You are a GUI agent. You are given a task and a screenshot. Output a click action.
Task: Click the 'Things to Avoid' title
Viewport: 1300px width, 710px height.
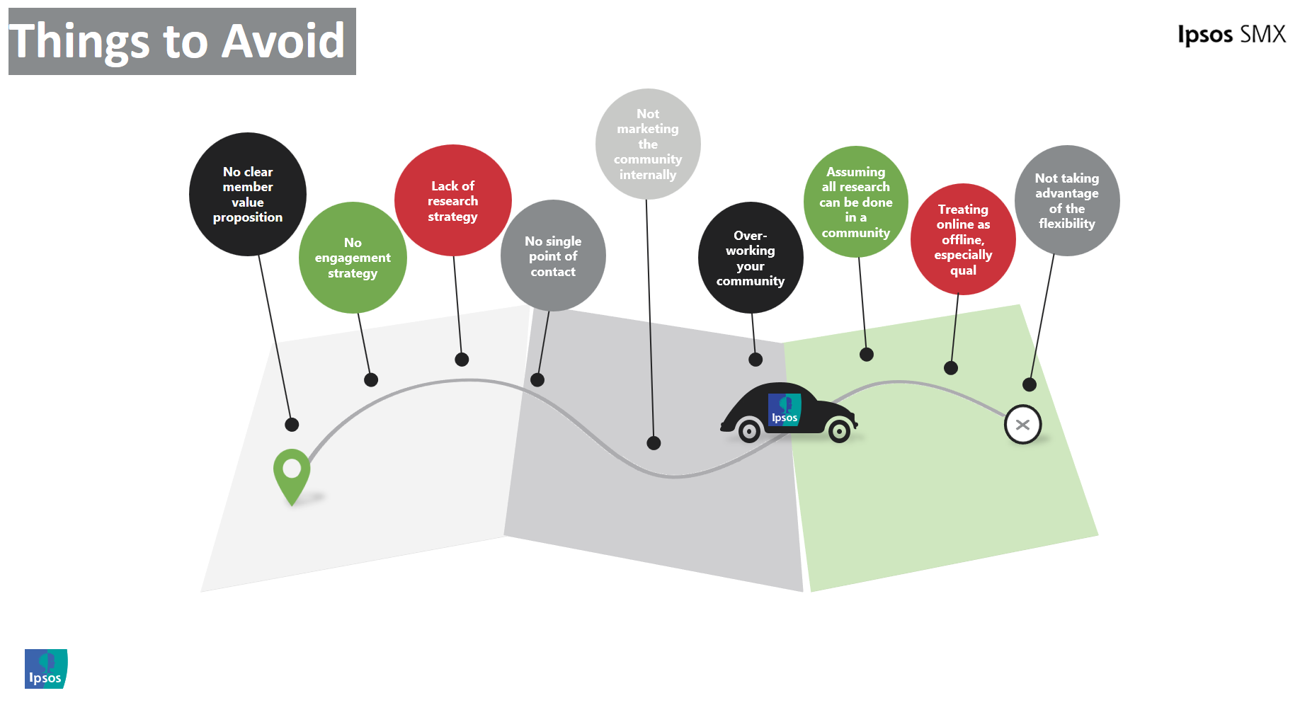pyautogui.click(x=182, y=41)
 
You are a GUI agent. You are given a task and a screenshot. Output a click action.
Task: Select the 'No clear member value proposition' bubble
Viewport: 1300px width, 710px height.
pyautogui.click(x=248, y=194)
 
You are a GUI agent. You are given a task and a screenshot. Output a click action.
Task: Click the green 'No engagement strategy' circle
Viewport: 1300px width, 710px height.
pyautogui.click(x=353, y=258)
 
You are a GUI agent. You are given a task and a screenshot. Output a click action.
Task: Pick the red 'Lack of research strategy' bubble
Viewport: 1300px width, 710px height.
pyautogui.click(x=453, y=200)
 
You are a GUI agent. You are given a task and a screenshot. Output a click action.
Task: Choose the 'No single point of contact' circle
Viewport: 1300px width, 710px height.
pyautogui.click(x=553, y=256)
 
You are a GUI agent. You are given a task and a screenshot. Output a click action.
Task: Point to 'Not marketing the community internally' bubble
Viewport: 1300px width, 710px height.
pyautogui.click(x=648, y=144)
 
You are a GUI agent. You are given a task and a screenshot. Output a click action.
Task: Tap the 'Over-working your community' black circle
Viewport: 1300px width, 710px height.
pyautogui.click(x=751, y=258)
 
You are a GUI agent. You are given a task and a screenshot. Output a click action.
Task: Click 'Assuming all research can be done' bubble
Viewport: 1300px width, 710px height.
pyautogui.click(x=856, y=202)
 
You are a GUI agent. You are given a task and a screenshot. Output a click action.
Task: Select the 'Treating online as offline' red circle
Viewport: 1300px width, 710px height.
pyautogui.click(x=963, y=239)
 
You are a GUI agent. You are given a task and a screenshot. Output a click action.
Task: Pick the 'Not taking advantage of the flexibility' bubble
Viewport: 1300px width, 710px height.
pyautogui.click(x=1067, y=200)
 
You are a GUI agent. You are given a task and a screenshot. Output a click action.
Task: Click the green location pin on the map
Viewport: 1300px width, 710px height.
pyautogui.click(x=292, y=471)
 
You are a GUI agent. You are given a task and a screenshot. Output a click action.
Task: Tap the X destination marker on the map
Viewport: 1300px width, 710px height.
pyautogui.click(x=1022, y=425)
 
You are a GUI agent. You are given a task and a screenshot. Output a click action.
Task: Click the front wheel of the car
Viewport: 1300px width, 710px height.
pyautogui.click(x=839, y=430)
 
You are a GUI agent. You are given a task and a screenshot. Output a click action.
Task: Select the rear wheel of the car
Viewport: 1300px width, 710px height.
pyautogui.click(x=749, y=430)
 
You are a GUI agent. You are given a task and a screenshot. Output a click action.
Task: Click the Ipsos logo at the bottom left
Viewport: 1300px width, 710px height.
pyautogui.click(x=46, y=668)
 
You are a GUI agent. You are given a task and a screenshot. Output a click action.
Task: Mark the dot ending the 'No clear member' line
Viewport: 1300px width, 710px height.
pyautogui.click(x=292, y=425)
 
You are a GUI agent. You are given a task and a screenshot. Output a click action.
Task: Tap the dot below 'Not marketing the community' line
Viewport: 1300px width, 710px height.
pyautogui.click(x=654, y=443)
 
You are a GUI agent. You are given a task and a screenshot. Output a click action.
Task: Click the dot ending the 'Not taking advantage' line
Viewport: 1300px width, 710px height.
pyautogui.click(x=1030, y=384)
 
